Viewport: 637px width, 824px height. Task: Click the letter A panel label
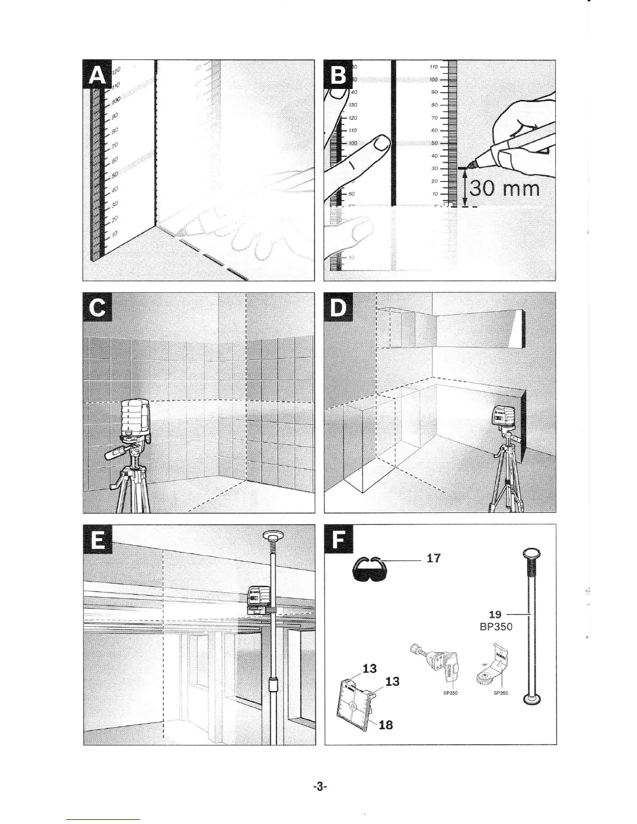[x=96, y=75]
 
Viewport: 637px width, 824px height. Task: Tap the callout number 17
[x=433, y=558]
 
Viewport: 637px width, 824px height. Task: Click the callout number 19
[x=495, y=615]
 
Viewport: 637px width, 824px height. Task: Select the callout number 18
[x=385, y=724]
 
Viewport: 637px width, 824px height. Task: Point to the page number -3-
[x=319, y=788]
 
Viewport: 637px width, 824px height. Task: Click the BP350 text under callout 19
[x=495, y=626]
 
